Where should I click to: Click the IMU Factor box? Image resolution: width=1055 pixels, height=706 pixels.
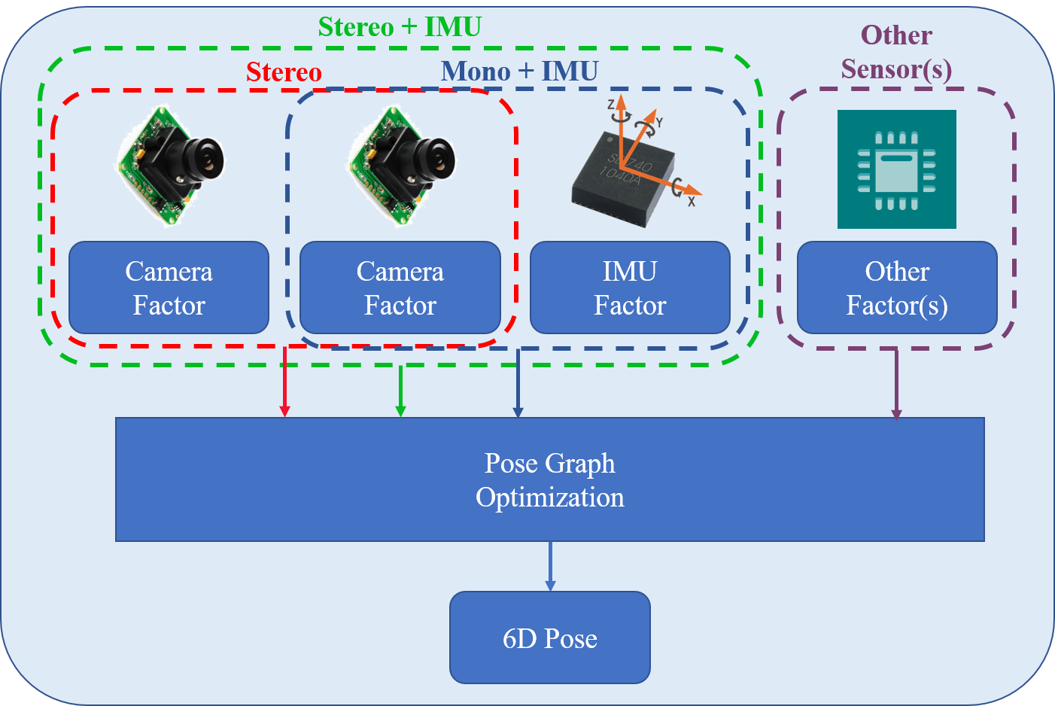(630, 288)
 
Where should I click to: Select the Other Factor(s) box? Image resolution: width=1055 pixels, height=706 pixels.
(896, 288)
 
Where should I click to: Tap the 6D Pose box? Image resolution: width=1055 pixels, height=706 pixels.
(549, 638)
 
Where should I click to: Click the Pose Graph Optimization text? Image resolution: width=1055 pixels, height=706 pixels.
(549, 480)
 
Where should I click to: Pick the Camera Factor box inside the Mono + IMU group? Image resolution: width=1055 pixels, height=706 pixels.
(400, 288)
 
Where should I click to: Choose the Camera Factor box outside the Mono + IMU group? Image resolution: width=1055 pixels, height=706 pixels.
(169, 288)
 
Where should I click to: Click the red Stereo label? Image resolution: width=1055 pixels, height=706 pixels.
(284, 72)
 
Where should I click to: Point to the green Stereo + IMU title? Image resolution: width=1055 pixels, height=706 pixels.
(400, 27)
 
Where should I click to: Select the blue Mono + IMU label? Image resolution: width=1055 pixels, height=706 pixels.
(519, 72)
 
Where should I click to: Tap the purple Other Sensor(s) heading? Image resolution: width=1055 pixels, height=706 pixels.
(896, 52)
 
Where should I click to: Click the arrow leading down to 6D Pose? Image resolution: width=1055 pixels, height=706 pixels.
(550, 566)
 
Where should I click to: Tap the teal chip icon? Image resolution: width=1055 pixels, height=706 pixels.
(896, 169)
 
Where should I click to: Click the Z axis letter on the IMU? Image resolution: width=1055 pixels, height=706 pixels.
(611, 105)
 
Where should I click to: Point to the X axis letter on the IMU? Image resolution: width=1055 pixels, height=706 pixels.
(691, 201)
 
